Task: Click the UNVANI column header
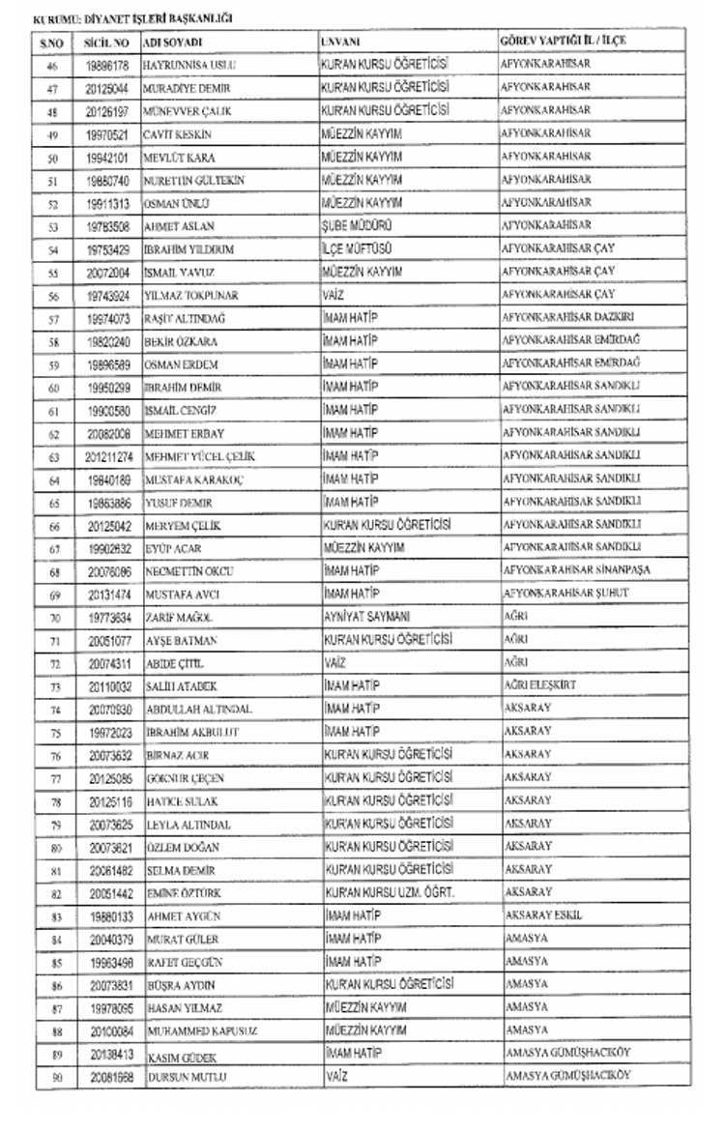[340, 43]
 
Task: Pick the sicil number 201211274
[106, 455]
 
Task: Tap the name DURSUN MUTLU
[179, 1076]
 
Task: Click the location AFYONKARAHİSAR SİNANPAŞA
[576, 570]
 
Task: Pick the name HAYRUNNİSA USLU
[189, 65]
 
